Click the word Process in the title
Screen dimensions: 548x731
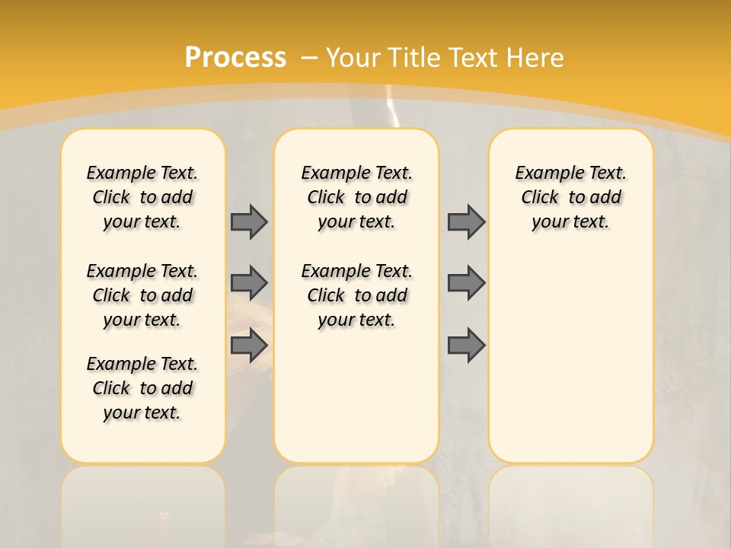click(x=235, y=57)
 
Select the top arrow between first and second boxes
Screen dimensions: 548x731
click(x=249, y=221)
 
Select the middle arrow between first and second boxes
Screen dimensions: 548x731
click(x=249, y=283)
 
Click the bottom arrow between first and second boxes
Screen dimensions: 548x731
click(x=249, y=346)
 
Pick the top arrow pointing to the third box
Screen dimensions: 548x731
click(x=466, y=221)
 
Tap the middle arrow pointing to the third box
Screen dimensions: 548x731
click(x=466, y=283)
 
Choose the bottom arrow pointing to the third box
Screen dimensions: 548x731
click(x=466, y=346)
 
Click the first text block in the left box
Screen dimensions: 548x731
click(x=142, y=197)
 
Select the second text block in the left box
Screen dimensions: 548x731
click(x=142, y=295)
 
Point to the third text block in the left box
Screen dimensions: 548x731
click(x=142, y=388)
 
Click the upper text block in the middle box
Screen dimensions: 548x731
click(x=356, y=197)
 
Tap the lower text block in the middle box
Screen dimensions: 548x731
click(x=356, y=295)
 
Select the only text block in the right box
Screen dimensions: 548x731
click(x=570, y=197)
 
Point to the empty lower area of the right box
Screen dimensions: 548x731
click(x=570, y=358)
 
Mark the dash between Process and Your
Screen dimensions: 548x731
click(x=309, y=57)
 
